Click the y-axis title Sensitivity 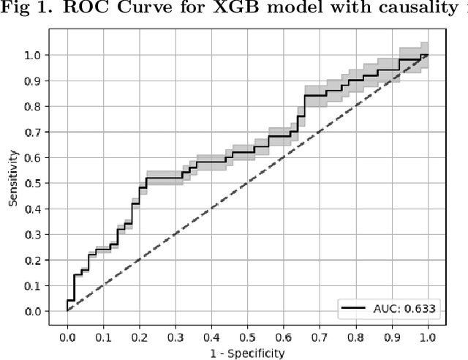tap(14, 178)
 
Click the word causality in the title tap(401, 10)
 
